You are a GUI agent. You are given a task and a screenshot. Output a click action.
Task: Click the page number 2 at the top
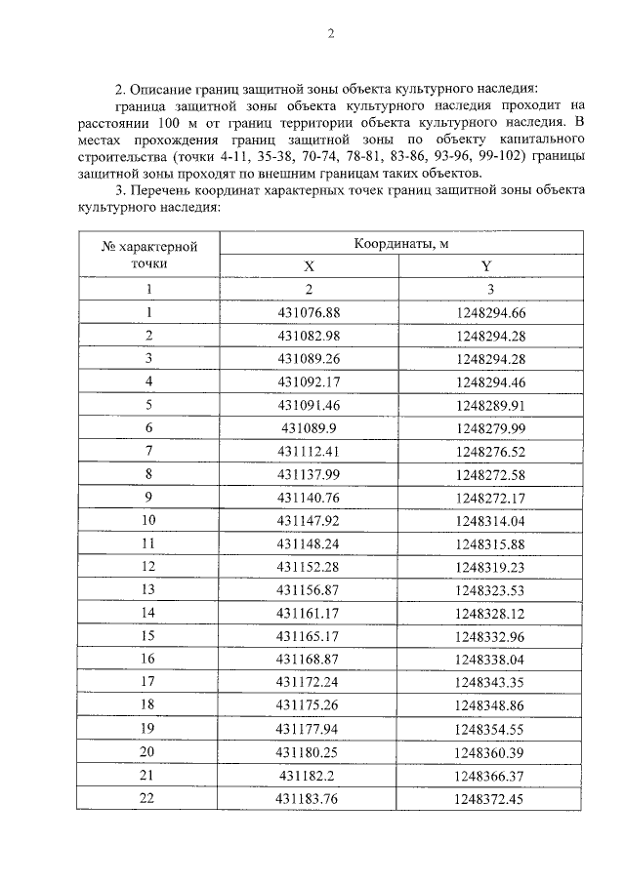330,35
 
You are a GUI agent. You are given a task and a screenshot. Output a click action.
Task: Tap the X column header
309,265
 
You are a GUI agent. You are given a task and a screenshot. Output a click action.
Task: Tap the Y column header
485,265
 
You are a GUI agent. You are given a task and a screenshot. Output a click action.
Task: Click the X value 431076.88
309,312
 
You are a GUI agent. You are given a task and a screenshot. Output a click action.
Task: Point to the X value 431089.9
309,427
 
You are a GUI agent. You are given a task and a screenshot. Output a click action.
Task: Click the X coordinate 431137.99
309,474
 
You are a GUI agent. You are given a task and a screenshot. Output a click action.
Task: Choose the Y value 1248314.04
490,520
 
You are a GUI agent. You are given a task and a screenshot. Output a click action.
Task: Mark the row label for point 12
148,567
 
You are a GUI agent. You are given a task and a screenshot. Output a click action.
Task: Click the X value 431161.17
309,613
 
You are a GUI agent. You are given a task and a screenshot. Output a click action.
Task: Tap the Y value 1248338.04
490,660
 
